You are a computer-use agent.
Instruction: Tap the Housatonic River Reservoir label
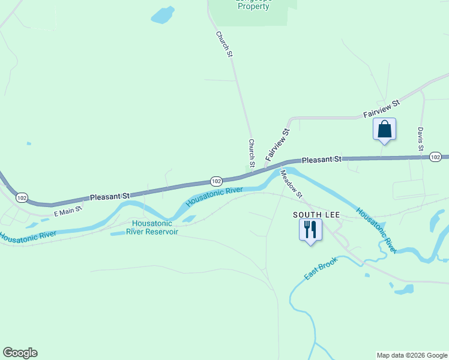(155, 228)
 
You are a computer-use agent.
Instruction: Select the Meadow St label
(291, 184)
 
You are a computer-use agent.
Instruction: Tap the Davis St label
(421, 139)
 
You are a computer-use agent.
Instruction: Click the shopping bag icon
(384, 130)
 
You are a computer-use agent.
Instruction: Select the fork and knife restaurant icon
(310, 229)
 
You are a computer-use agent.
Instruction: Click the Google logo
(20, 353)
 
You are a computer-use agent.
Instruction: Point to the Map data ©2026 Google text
(412, 355)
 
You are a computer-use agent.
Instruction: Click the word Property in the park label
(254, 7)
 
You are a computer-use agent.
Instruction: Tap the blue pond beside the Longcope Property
(163, 15)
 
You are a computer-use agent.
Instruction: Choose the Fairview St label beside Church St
(278, 143)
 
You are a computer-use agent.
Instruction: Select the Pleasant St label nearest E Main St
(110, 196)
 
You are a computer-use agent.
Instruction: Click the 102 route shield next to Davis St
(436, 157)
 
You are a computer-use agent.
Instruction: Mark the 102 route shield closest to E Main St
(22, 197)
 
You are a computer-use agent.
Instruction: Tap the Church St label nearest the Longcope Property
(224, 44)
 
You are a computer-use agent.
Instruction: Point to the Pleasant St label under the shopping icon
(321, 160)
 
